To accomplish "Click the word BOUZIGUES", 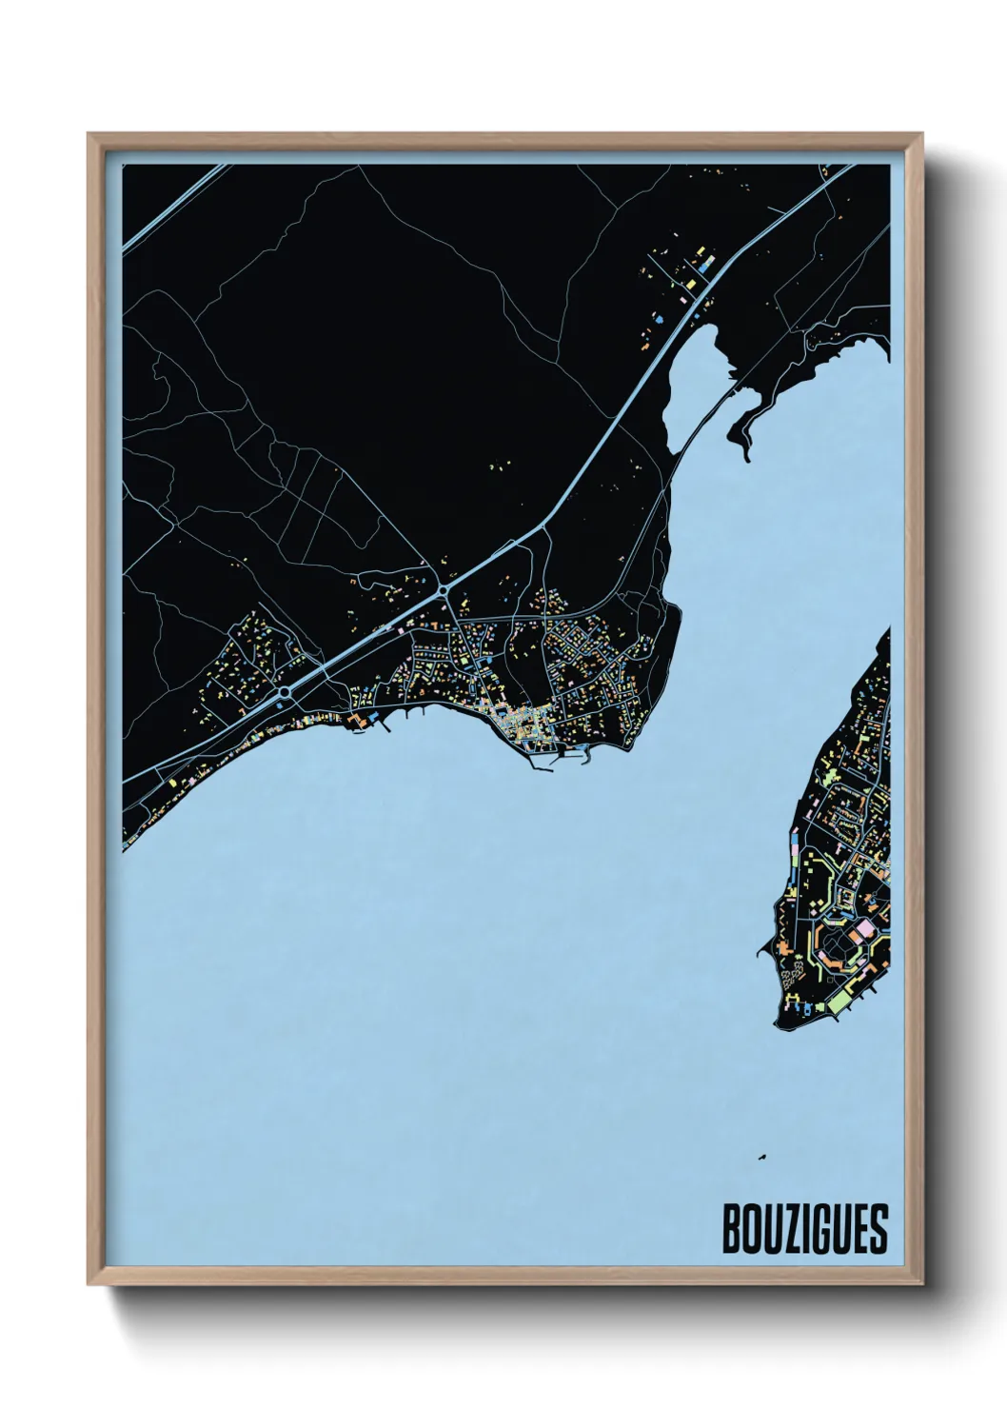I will (x=805, y=1229).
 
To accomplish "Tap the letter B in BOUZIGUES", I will (x=732, y=1229).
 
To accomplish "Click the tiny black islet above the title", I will (x=761, y=1158).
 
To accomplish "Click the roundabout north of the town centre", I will (x=444, y=592).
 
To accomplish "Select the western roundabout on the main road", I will (x=285, y=692).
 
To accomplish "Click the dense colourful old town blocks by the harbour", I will (x=523, y=728).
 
